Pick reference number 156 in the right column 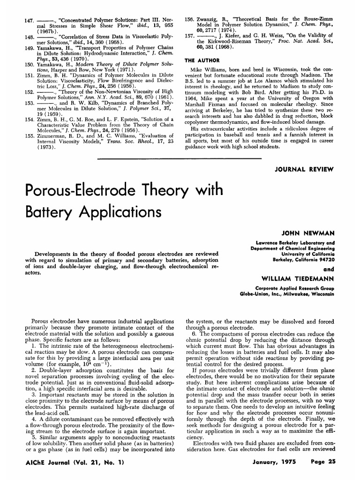191,21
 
